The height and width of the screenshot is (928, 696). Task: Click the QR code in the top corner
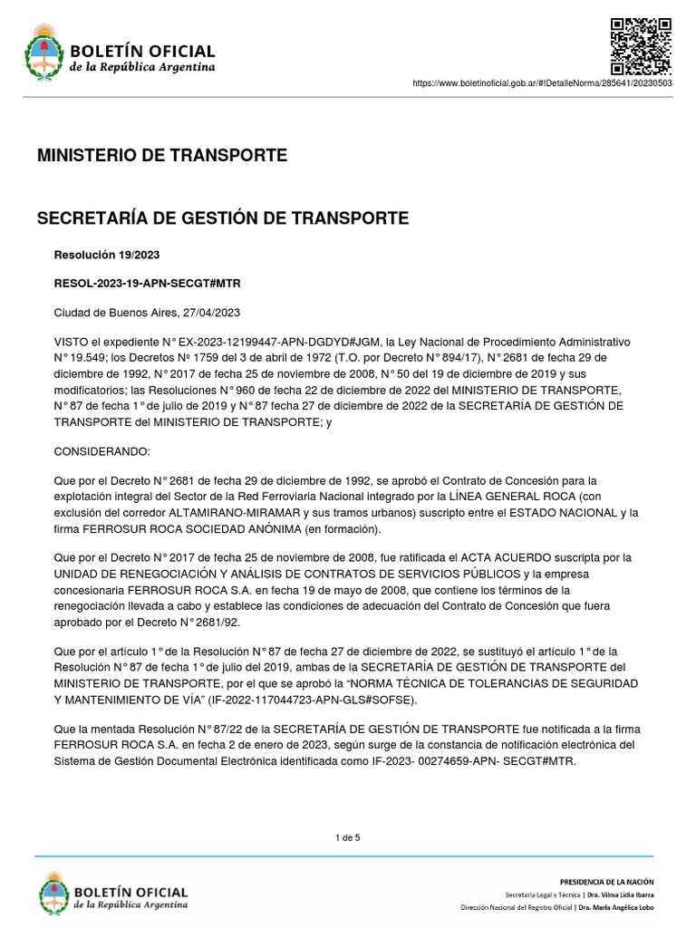tap(640, 45)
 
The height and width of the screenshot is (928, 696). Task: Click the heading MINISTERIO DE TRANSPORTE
tap(162, 155)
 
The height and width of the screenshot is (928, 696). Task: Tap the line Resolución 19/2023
tap(107, 256)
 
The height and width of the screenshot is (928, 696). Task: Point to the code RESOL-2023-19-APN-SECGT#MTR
tap(148, 284)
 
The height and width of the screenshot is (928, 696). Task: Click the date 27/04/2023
tap(210, 313)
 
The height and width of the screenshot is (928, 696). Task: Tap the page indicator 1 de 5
tap(348, 837)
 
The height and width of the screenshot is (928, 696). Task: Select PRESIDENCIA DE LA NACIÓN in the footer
tap(606, 882)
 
